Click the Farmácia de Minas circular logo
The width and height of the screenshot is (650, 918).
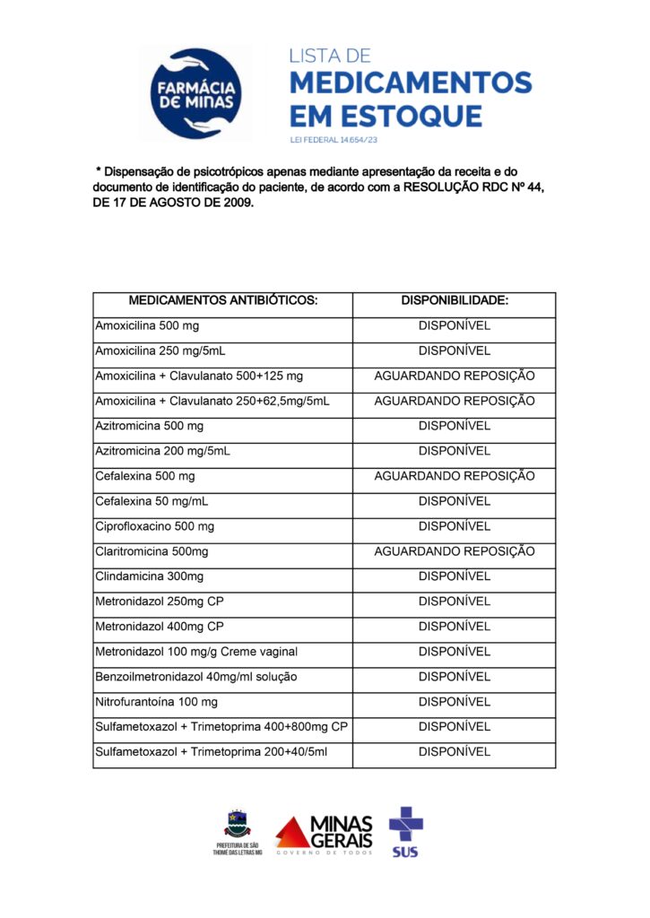tap(196, 94)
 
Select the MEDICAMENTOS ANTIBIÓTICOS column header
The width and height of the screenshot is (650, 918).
tap(222, 300)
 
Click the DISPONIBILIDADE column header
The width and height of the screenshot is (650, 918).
tap(455, 300)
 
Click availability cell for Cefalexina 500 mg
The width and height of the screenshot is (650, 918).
tap(455, 476)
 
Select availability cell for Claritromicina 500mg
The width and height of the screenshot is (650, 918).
tap(455, 551)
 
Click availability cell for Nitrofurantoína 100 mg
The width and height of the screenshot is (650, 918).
tap(455, 702)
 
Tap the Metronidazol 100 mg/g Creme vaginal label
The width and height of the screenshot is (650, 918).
tap(196, 652)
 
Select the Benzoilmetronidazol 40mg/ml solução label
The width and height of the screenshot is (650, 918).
tap(195, 677)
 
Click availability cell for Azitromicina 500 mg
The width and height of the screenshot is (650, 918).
tap(455, 426)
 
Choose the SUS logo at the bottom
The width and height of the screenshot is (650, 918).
tap(405, 832)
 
